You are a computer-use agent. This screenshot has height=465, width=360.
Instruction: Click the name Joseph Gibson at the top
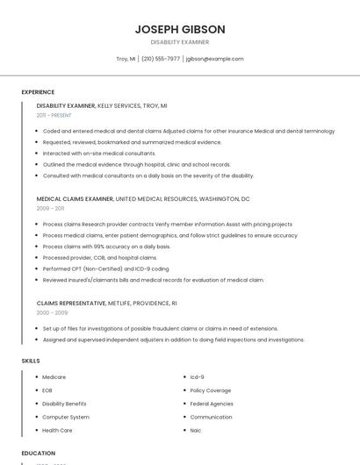180,29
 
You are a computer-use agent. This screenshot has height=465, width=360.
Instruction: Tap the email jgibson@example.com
214,59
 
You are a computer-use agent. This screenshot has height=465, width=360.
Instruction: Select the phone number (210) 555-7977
161,59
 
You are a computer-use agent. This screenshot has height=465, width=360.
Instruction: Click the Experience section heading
38,92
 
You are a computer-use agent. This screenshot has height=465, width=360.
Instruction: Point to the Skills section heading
31,361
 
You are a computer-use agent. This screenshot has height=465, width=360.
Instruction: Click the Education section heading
39,453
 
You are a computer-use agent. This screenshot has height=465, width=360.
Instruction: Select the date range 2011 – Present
54,116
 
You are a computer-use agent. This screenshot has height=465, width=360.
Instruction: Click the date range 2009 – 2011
50,209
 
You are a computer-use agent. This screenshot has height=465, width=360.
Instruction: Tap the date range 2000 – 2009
52,312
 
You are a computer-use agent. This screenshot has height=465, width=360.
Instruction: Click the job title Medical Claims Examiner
75,199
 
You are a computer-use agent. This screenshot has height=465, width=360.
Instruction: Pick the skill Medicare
54,377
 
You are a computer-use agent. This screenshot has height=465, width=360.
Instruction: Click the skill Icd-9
198,377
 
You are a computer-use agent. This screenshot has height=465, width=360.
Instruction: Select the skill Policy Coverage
211,390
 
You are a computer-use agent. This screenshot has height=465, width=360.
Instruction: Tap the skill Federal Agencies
212,404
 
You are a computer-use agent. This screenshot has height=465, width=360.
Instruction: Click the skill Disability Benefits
65,404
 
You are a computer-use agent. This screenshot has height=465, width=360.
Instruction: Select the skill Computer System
66,417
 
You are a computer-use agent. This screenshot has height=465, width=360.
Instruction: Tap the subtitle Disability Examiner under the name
180,41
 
